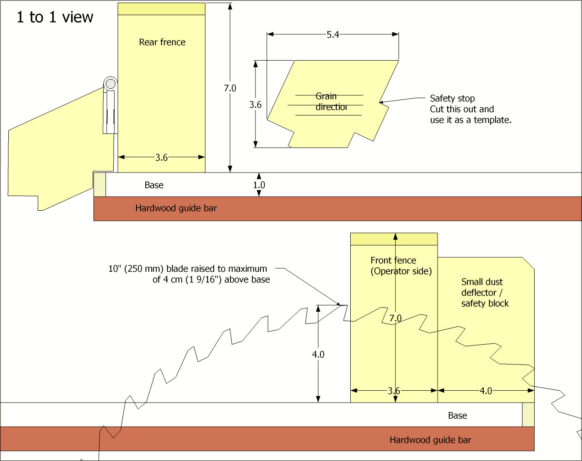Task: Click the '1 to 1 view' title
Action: [55, 17]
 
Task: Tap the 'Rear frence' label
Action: [162, 42]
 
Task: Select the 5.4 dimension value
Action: [333, 35]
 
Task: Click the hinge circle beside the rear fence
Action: [111, 83]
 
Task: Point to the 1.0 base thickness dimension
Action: [259, 185]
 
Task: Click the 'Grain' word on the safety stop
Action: [326, 96]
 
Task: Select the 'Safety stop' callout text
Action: [452, 98]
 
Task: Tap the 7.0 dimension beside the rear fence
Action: [230, 88]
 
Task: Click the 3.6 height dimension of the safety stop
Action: [255, 104]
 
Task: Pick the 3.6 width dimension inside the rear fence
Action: [162, 158]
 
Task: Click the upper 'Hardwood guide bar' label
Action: [176, 208]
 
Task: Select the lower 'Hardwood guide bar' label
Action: [430, 440]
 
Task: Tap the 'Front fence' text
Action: [393, 260]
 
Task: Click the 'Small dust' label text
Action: [482, 282]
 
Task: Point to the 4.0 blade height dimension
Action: [318, 354]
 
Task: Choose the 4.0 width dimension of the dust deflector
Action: [486, 391]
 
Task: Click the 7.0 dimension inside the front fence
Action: [395, 318]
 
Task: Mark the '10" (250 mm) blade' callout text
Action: [188, 269]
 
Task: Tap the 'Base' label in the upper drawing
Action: [154, 185]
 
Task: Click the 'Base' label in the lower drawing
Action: [457, 416]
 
